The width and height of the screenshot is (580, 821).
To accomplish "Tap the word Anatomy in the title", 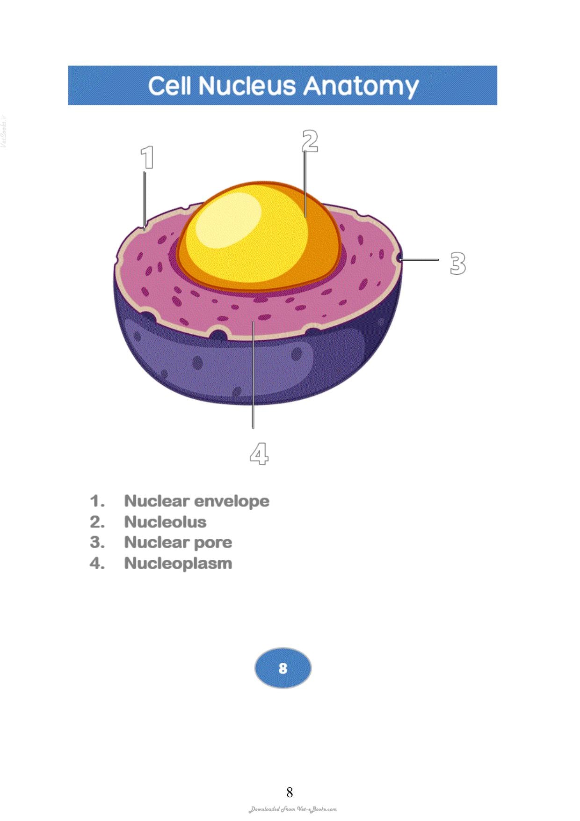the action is [361, 87].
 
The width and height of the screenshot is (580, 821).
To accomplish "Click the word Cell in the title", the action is [169, 86].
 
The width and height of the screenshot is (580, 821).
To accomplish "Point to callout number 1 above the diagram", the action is [147, 157].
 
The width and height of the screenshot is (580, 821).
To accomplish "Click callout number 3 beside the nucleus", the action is [458, 263].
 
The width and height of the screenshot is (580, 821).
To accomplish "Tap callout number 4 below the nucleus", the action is [259, 453].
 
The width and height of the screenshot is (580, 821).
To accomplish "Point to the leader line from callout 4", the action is [253, 374].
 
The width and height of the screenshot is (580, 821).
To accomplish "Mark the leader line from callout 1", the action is [145, 200].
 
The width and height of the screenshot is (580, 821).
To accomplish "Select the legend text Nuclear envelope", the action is [196, 501].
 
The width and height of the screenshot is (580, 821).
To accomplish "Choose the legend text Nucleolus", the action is [165, 521].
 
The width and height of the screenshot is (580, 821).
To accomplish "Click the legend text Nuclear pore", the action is [178, 542].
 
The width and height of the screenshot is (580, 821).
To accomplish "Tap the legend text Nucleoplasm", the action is [178, 563].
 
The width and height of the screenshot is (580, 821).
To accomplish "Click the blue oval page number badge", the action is [283, 668].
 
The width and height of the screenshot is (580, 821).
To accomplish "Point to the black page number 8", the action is [290, 792].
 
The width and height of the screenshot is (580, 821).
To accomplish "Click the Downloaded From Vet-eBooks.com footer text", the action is [292, 809].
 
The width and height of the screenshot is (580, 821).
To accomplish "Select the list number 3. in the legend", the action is [97, 542].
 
